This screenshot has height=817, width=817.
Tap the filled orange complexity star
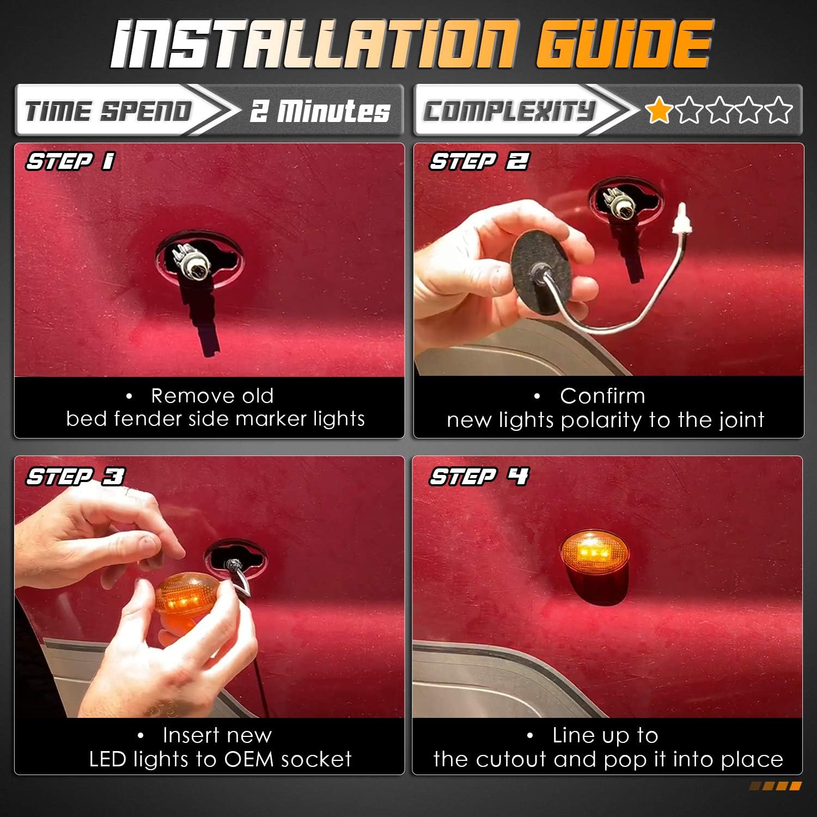pos(659,110)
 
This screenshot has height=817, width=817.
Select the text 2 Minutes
pos(320,111)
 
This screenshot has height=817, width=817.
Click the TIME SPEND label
pos(108,111)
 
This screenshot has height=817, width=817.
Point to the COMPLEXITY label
pos(509,111)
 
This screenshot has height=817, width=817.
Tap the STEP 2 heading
pos(479,161)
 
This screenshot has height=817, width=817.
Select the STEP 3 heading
pos(75,477)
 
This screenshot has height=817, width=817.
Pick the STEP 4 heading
pos(479,477)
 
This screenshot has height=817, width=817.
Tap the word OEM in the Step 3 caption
pos(248,759)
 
